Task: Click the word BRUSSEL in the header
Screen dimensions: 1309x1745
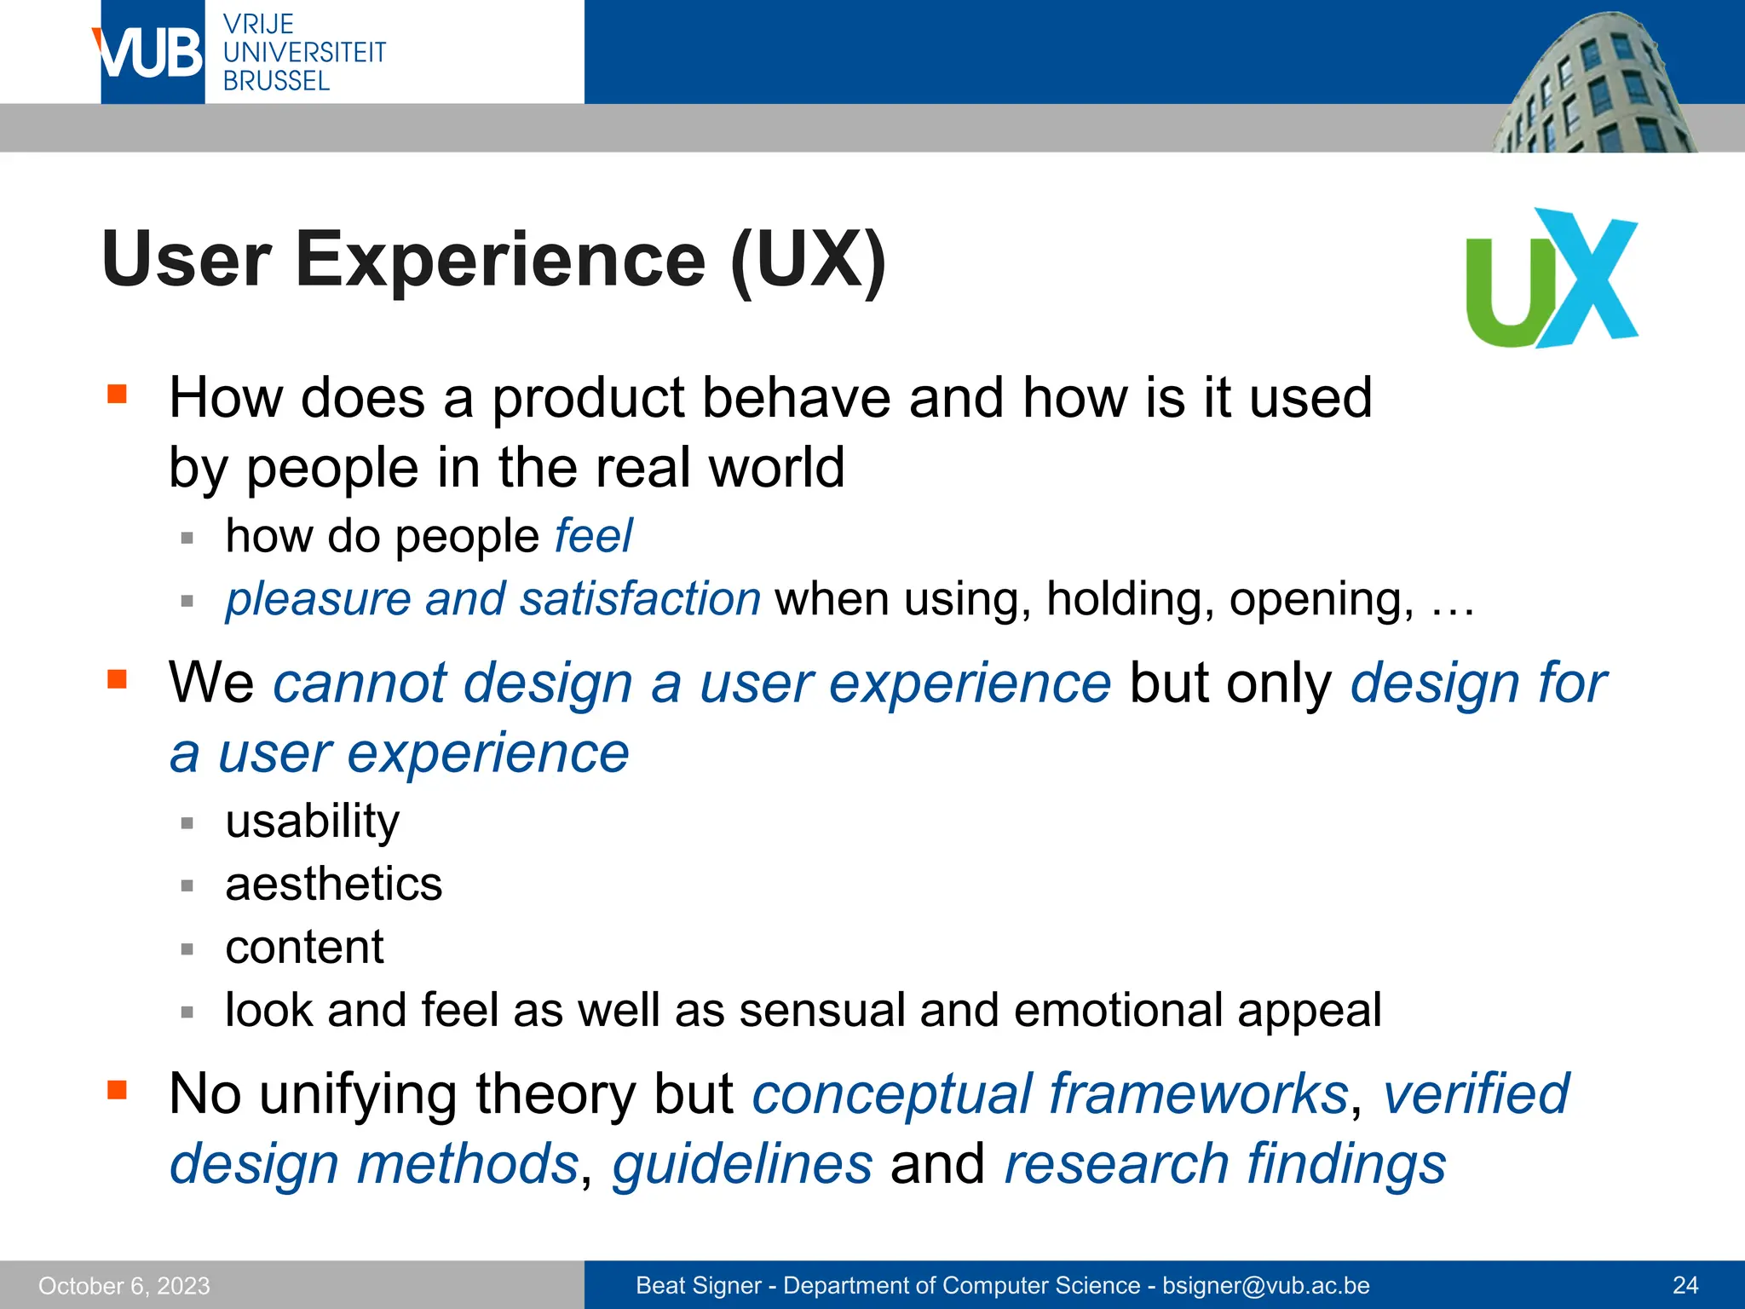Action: (276, 81)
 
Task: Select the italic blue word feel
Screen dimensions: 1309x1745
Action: (593, 536)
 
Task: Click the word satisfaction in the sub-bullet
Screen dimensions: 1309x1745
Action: (640, 599)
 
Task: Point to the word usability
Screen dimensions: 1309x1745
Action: (312, 822)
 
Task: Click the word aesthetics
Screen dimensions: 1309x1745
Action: (333, 884)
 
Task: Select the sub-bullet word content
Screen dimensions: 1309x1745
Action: (304, 947)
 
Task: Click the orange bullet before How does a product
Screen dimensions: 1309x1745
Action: (117, 394)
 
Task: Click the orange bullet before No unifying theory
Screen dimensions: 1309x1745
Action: (117, 1090)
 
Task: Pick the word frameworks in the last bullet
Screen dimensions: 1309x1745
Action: (1199, 1094)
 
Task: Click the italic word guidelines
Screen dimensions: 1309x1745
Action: (742, 1164)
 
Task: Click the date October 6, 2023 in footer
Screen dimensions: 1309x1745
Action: (124, 1285)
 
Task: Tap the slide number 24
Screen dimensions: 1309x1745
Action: (1685, 1285)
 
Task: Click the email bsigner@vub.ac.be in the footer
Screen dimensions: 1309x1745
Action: (1265, 1285)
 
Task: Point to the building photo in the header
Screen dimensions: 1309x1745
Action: (1593, 85)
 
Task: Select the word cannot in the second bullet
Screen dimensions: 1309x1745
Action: (358, 684)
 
